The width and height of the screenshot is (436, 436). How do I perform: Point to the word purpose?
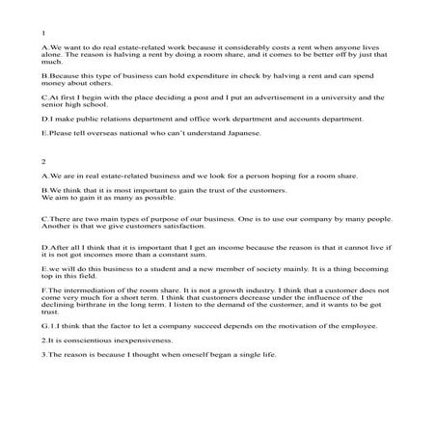click(x=143, y=220)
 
